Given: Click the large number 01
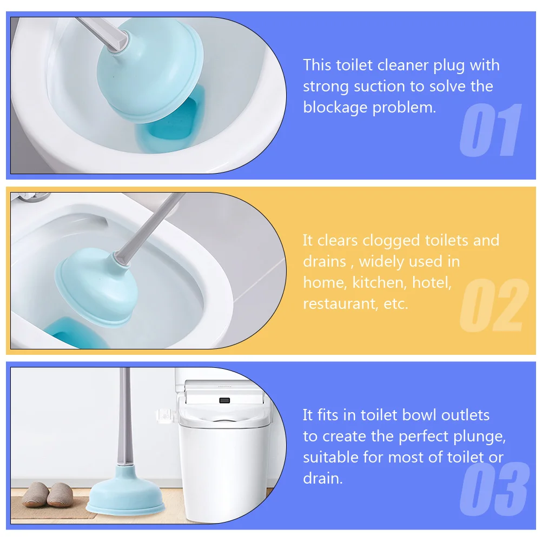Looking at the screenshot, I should tap(491, 131).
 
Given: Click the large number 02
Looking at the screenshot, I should tap(493, 306).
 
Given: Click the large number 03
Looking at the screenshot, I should tap(493, 489).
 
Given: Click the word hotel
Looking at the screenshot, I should tap(431, 282).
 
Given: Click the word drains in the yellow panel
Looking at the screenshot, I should tap(324, 262).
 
